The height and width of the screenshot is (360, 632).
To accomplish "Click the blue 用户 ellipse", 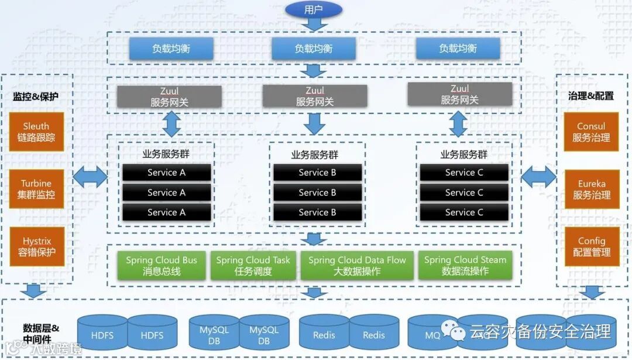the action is coord(314,10).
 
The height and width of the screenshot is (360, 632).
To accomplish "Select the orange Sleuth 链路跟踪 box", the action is coord(36,132).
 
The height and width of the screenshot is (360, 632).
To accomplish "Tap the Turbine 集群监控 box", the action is coord(36,189).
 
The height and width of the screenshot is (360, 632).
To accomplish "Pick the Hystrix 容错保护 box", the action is coord(37,246).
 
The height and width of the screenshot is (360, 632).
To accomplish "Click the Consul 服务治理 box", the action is coord(591,132).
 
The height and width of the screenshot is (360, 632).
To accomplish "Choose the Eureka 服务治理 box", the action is coord(592,189).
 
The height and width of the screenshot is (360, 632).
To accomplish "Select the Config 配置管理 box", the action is coord(592,246).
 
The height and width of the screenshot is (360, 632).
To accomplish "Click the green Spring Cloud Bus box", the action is coord(162,265).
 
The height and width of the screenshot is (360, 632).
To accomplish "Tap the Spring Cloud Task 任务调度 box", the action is coord(253,265).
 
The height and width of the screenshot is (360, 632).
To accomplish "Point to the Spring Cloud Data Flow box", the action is coord(357,265).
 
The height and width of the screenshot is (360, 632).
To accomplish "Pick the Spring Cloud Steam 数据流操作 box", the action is coord(465,265).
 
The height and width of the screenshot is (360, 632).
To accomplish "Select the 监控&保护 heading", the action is coord(36,97).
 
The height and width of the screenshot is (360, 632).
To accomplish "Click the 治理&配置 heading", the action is coord(591,96).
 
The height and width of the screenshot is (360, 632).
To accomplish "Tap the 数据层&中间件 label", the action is coord(41,334).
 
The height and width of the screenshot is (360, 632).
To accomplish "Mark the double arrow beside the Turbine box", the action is coord(90,177).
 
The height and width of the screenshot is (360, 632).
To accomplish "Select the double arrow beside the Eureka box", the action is coord(538,177).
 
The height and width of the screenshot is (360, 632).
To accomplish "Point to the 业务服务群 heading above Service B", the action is coord(315,155).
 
